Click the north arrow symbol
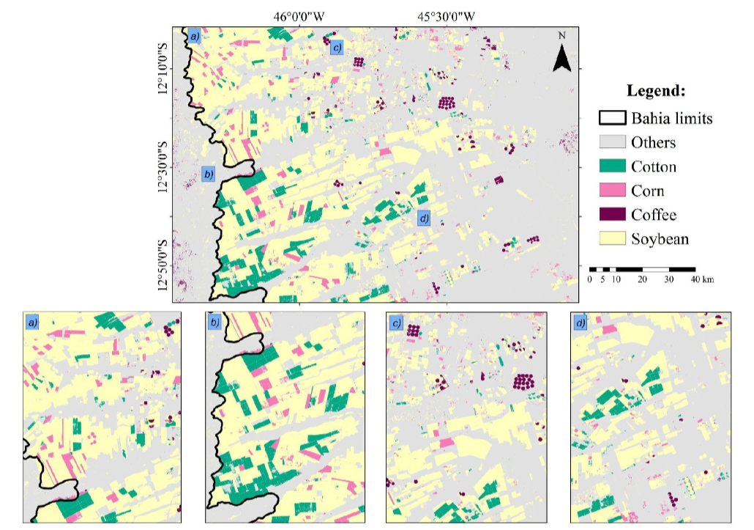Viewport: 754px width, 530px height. point(561,54)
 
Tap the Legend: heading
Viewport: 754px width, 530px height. point(656,92)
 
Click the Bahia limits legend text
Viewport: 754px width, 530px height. point(671,118)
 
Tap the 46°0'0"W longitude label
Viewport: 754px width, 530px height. point(299,15)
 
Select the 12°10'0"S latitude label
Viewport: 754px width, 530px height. point(163,70)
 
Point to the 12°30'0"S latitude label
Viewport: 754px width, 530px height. point(163,168)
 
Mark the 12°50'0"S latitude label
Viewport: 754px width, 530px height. point(163,266)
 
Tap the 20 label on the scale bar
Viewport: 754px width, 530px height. point(642,279)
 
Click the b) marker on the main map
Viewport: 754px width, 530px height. point(209,174)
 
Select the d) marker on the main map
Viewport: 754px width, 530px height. point(423,218)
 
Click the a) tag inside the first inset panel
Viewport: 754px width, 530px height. point(32,323)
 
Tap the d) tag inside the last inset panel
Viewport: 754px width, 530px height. point(581,323)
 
